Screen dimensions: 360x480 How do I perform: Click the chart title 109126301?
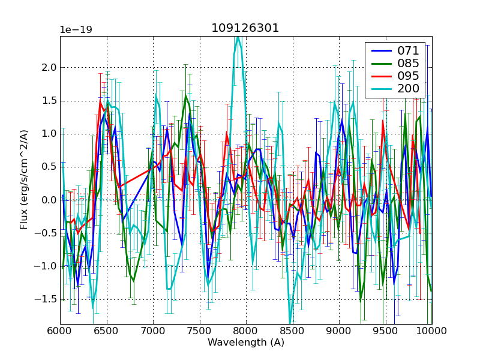(x=245, y=28)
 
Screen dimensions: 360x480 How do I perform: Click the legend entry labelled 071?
(x=409, y=50)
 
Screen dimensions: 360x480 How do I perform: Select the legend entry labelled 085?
(x=409, y=63)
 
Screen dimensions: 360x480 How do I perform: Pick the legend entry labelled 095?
(x=409, y=76)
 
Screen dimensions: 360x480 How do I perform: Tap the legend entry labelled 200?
(x=409, y=89)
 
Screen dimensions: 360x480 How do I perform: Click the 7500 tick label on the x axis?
(x=199, y=331)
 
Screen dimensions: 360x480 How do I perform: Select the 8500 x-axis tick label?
(x=292, y=331)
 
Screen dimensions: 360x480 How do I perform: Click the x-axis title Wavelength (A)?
(x=245, y=343)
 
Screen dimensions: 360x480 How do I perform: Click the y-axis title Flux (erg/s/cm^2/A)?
(x=24, y=179)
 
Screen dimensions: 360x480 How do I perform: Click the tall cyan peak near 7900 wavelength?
(x=238, y=37)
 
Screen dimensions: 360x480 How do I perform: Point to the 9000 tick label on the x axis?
(x=338, y=331)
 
